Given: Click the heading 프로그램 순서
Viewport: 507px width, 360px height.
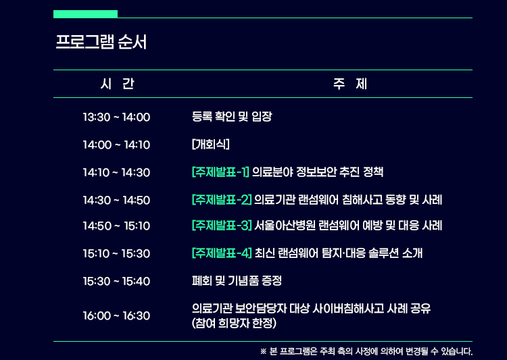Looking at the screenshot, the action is pyautogui.click(x=101, y=42).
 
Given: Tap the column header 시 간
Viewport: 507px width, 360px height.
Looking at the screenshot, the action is pyautogui.click(x=118, y=84).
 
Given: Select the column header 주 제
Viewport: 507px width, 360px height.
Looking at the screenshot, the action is pyautogui.click(x=350, y=84).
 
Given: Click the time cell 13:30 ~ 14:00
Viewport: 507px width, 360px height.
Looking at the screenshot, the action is pyautogui.click(x=116, y=117).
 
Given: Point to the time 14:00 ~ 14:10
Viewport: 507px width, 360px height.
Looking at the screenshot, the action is pyautogui.click(x=116, y=145).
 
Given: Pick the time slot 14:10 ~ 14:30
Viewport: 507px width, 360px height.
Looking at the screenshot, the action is pyautogui.click(x=116, y=172).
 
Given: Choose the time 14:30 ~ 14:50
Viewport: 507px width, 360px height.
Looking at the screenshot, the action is pyautogui.click(x=116, y=201).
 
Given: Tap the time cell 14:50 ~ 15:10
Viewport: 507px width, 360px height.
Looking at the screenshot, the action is pyautogui.click(x=116, y=226).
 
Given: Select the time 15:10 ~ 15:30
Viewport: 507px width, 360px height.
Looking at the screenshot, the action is pyautogui.click(x=116, y=253).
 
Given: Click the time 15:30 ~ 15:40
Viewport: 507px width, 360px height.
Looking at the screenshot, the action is pyautogui.click(x=116, y=281).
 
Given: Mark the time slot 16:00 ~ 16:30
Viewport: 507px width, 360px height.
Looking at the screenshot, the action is pyautogui.click(x=116, y=315).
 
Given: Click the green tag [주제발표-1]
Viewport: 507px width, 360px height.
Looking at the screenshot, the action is pyautogui.click(x=220, y=172).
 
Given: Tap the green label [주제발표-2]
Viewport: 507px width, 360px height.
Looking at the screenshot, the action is pyautogui.click(x=222, y=200).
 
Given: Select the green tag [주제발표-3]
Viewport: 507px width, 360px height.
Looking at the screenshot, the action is pyautogui.click(x=222, y=225).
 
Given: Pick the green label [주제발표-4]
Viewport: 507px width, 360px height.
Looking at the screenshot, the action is pyautogui.click(x=222, y=253).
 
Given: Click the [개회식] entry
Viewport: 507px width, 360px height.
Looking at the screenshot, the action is pyautogui.click(x=210, y=144).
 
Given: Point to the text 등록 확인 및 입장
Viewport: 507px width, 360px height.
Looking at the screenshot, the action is pyautogui.click(x=232, y=116).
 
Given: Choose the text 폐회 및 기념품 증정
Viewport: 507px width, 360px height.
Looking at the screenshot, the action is pyautogui.click(x=237, y=280).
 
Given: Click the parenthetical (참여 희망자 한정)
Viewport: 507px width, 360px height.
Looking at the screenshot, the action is pyautogui.click(x=234, y=323).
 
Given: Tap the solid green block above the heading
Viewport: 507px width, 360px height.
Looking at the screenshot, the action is pyautogui.click(x=85, y=14).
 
